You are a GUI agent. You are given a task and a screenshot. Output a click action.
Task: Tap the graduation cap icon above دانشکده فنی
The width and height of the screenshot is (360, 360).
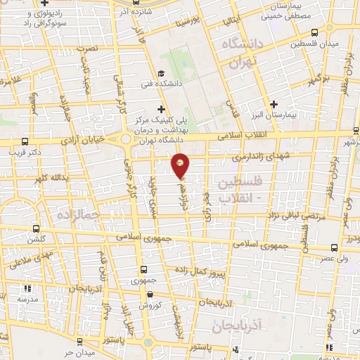161,72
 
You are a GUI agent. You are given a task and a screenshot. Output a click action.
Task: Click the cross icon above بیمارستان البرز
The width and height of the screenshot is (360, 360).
274,104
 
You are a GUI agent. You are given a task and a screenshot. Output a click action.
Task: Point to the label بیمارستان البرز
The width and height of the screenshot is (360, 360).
275,115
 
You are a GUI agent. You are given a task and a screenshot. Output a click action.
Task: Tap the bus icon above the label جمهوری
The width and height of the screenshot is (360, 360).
143,269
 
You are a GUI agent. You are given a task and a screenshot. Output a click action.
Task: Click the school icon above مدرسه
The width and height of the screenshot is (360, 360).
27,288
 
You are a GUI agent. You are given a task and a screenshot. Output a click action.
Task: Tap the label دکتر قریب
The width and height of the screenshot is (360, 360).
29,150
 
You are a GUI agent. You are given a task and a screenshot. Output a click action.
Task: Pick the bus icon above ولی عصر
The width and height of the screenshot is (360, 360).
333,247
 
